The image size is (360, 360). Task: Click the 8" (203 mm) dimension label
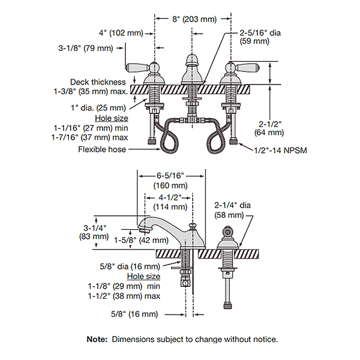tap(193, 19)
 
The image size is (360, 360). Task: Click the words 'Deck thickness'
tap(98, 82)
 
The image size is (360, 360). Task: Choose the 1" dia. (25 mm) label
tap(106, 108)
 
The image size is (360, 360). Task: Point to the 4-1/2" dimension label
tap(170, 196)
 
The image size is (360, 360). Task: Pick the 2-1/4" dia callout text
tap(233, 205)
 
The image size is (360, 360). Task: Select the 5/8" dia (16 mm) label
tap(130, 266)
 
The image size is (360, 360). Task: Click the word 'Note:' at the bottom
tap(97, 339)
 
